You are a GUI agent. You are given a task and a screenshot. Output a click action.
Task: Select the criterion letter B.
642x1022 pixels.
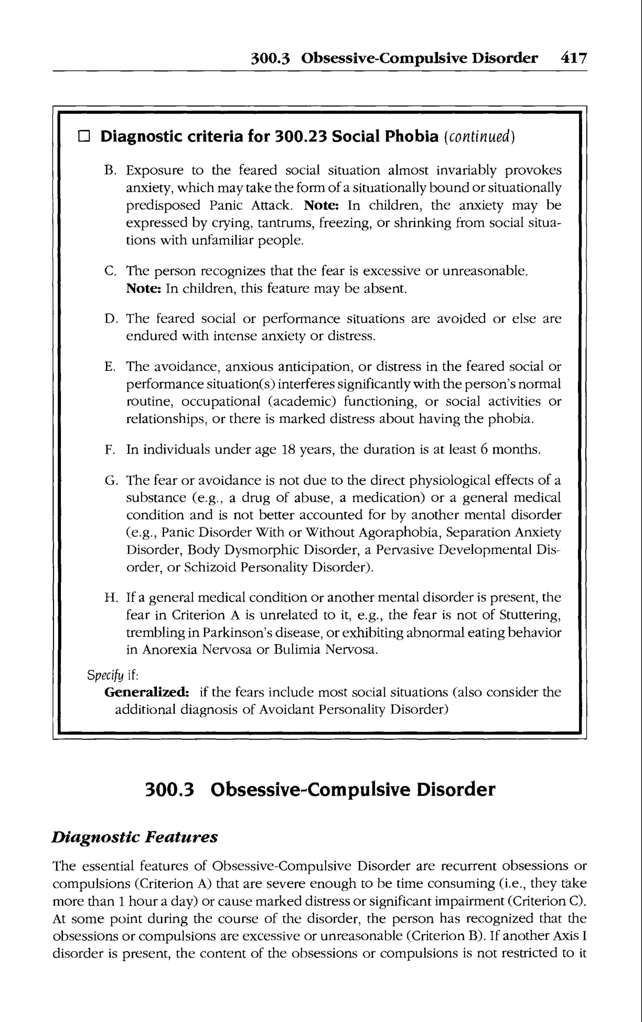tap(109, 170)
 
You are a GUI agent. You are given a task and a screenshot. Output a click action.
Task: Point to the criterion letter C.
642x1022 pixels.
tap(109, 271)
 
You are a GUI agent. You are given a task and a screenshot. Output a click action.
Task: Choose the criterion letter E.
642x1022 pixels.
tap(109, 367)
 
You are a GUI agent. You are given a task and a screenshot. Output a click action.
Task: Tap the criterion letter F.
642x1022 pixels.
tap(109, 450)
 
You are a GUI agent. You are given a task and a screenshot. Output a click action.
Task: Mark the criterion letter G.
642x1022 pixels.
tap(110, 481)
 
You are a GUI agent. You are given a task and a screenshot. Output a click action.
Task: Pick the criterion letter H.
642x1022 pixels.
tap(110, 598)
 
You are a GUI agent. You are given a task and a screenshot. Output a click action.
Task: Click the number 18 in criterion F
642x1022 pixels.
tap(288, 449)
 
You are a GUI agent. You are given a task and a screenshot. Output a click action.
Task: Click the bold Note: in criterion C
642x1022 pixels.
tap(144, 289)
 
